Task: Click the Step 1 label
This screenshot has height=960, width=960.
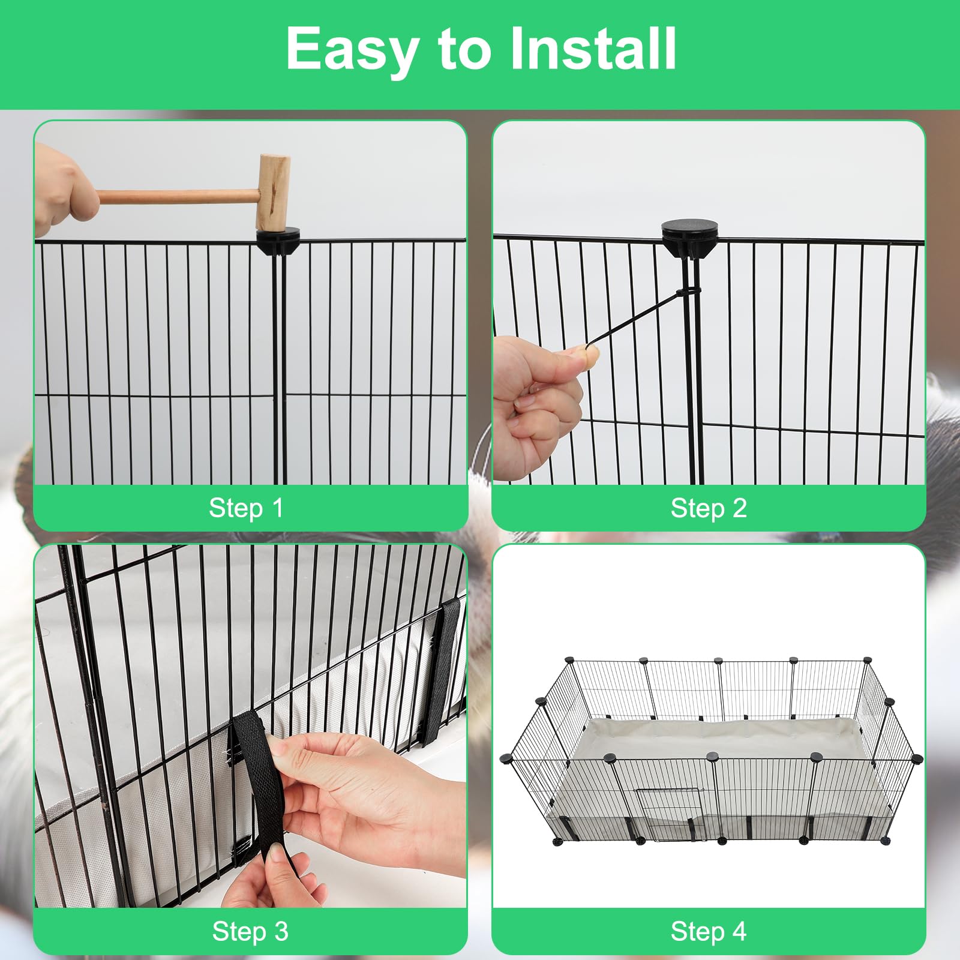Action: (x=246, y=508)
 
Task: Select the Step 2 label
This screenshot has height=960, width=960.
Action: (x=709, y=508)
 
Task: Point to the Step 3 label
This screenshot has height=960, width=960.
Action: (x=250, y=932)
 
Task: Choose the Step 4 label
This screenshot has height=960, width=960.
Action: (x=709, y=932)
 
